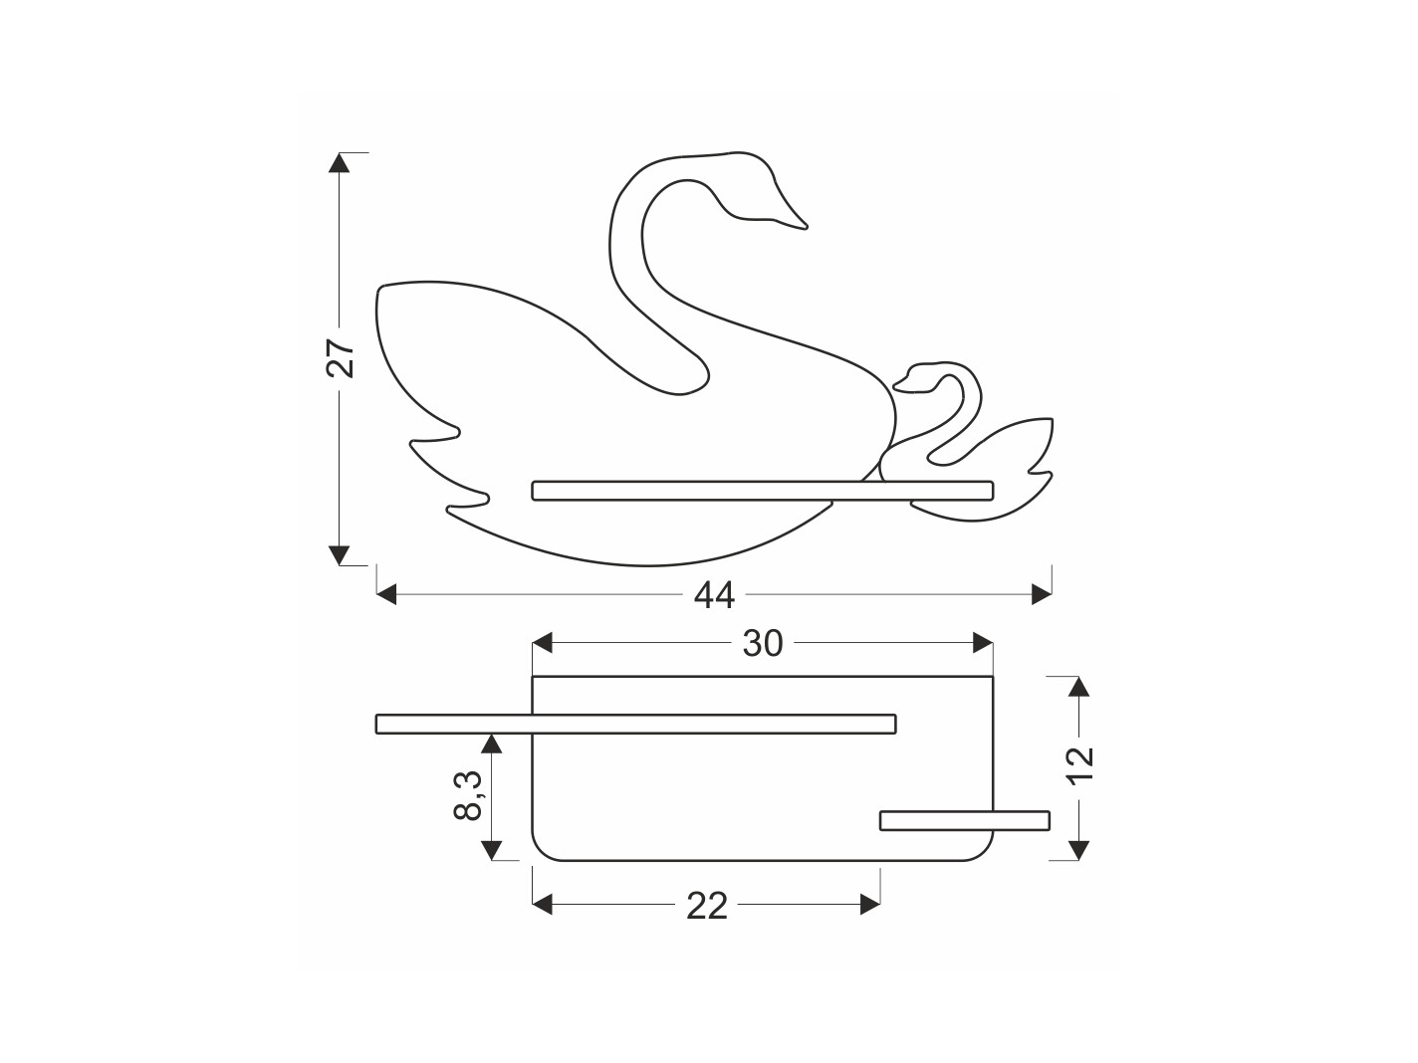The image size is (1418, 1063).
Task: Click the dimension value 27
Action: point(340,357)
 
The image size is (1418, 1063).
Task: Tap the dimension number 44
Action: point(714,594)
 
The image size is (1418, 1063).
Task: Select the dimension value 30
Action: point(763,643)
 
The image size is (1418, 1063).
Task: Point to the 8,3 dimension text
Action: point(468,794)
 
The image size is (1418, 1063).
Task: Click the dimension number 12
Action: point(1080,765)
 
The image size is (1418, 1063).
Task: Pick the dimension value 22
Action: point(707,906)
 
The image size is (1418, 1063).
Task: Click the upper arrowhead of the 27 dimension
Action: point(339,162)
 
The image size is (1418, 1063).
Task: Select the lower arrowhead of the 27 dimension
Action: point(339,555)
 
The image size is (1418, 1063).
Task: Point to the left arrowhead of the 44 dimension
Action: point(386,594)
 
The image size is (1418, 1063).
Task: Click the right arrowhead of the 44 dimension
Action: point(1042,594)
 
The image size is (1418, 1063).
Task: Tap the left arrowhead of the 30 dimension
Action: point(542,643)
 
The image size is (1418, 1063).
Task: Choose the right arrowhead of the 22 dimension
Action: point(870,906)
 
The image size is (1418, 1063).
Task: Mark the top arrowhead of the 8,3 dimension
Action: point(492,744)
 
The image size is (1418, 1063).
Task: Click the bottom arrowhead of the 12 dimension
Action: point(1078,851)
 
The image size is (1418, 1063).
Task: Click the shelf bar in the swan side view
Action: point(763,491)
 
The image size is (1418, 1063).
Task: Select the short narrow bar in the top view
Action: point(965,820)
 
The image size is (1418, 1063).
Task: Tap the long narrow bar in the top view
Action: point(635,725)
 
